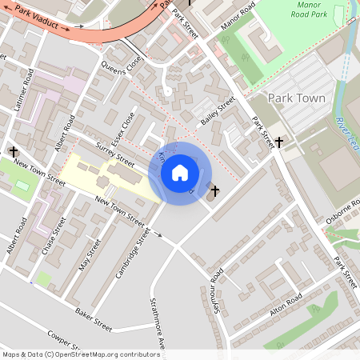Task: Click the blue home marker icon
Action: tap(180, 173)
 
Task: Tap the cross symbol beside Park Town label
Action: tap(278, 142)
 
